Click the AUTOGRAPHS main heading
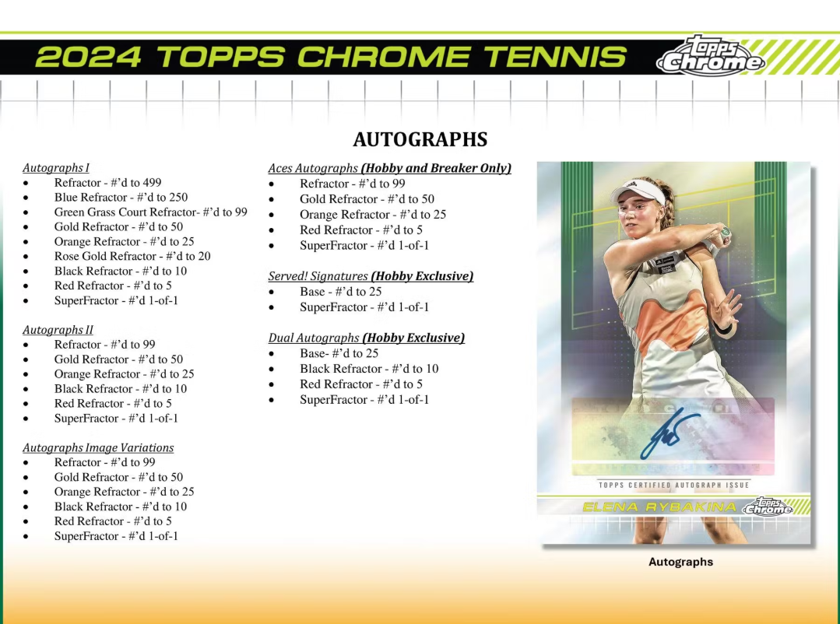coord(420,139)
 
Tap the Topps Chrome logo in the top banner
coord(709,57)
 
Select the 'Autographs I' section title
coord(56,167)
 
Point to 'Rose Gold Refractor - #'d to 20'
coord(132,256)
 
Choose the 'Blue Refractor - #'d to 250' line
coord(121,197)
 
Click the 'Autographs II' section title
coord(58,330)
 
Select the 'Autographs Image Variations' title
coord(98,447)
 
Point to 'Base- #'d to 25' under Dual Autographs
coord(339,353)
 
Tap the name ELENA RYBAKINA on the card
coord(659,507)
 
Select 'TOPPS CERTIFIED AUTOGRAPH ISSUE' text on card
coord(673,486)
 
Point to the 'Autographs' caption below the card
coord(680,562)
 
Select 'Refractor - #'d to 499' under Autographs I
coord(107,183)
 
